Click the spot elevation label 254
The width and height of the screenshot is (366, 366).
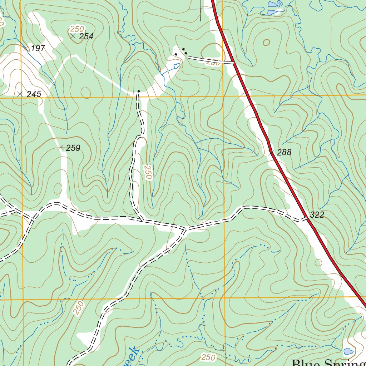[86, 36]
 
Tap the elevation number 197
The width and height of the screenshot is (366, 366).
[38, 48]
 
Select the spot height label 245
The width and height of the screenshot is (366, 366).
[34, 94]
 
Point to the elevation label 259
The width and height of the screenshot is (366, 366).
[73, 148]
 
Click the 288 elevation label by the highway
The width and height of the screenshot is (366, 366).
[284, 153]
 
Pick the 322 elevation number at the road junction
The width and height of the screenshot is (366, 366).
[317, 215]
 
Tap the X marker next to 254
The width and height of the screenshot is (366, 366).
[73, 36]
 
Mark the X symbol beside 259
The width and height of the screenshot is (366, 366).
[61, 147]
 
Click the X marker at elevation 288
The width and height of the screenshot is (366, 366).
[271, 153]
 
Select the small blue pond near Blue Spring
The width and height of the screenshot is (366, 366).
[348, 351]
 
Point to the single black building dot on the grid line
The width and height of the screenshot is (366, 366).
[139, 91]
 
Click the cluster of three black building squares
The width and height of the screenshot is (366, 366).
[182, 51]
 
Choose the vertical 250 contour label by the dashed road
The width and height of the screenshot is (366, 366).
[148, 172]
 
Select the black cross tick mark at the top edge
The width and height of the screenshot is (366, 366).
[200, 9]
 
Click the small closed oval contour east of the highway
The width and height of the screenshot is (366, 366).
[266, 43]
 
